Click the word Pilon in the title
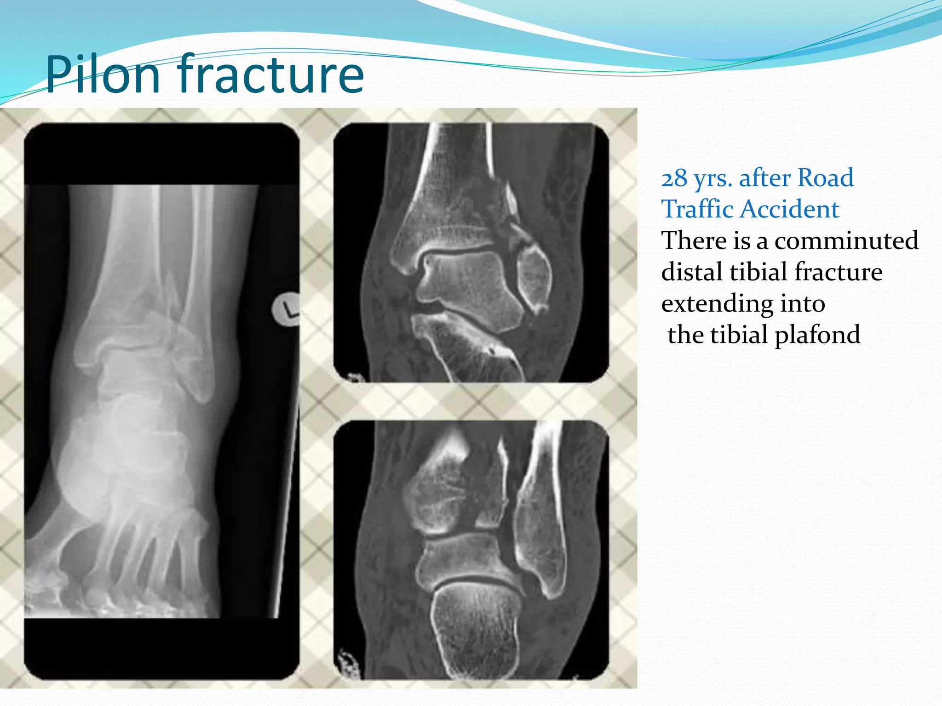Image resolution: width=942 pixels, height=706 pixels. (x=102, y=74)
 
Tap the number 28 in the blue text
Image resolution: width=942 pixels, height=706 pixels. (x=674, y=178)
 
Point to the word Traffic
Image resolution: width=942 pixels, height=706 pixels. (x=697, y=209)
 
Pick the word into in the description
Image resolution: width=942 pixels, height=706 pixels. (x=802, y=303)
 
